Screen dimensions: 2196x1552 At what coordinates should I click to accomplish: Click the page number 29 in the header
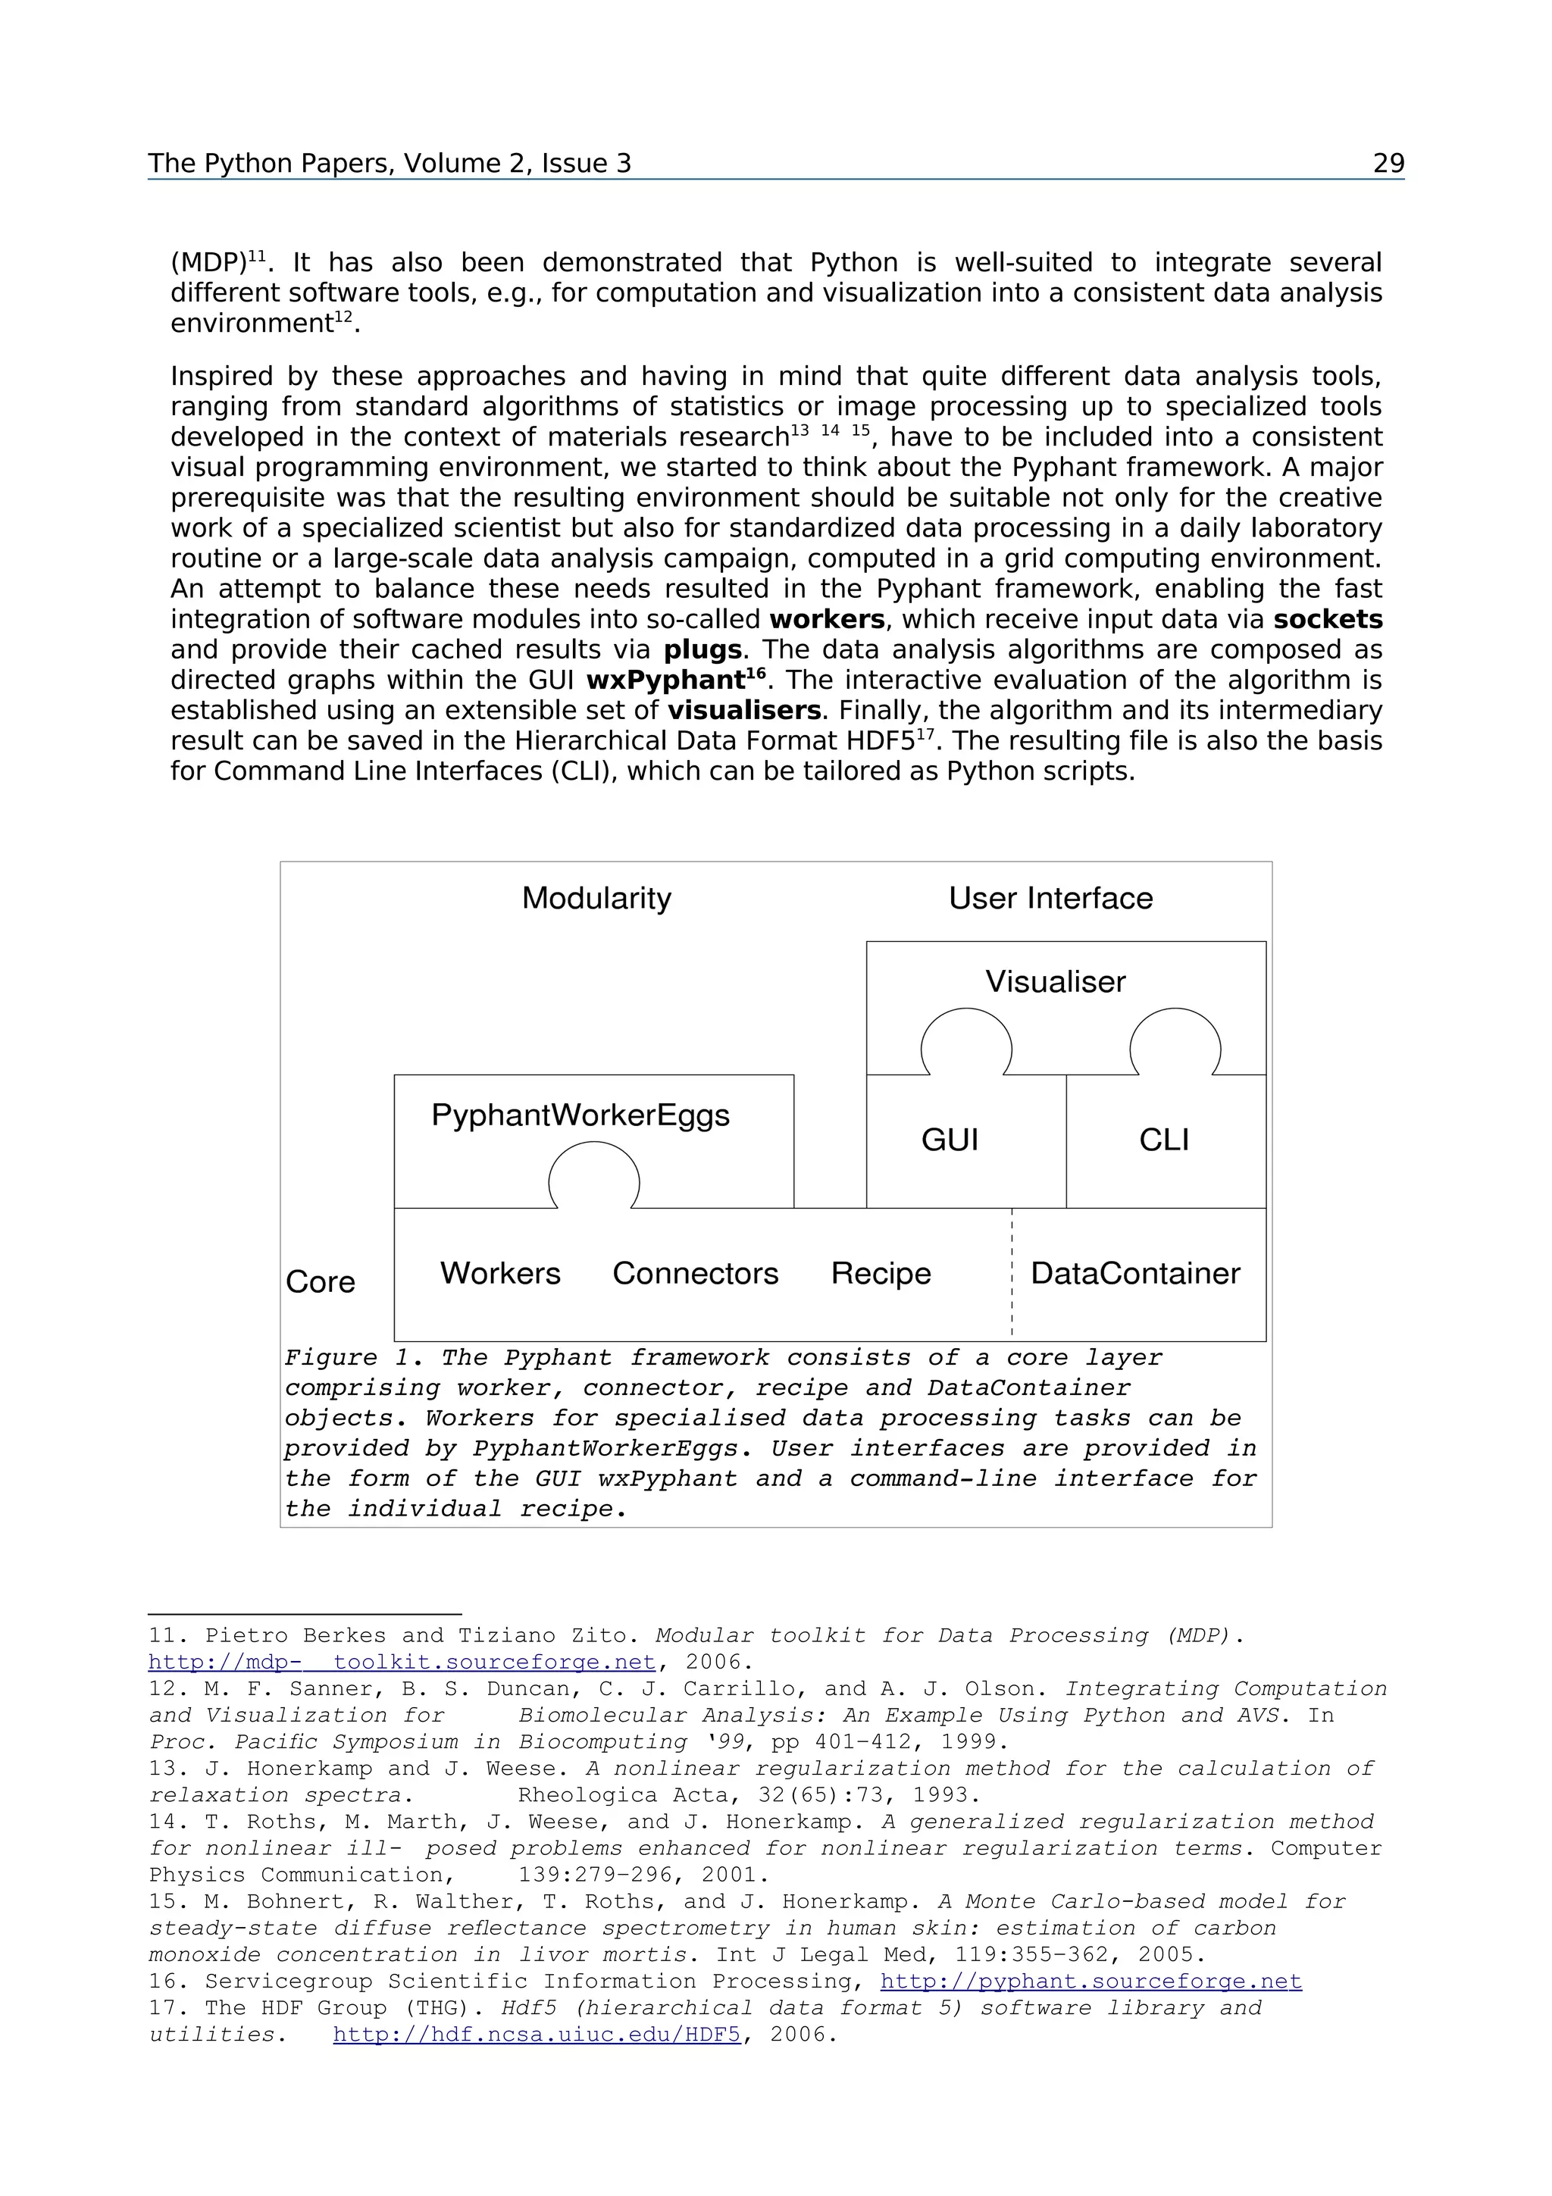[x=1388, y=164]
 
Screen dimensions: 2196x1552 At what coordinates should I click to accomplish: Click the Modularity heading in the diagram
[x=596, y=898]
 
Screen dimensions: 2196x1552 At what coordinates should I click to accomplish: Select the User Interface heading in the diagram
[x=1050, y=898]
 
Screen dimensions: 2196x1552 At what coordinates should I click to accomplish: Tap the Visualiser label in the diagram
[x=1055, y=981]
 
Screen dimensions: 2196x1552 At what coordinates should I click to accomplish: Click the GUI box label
[x=950, y=1139]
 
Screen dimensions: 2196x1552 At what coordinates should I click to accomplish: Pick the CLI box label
[x=1164, y=1139]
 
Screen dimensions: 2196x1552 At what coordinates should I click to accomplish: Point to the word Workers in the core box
[x=500, y=1273]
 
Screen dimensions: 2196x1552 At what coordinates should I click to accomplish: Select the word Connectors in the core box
[x=695, y=1273]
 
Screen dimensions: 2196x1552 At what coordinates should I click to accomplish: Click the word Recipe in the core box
[x=881, y=1273]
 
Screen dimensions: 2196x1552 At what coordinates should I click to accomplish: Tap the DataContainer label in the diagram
[x=1135, y=1273]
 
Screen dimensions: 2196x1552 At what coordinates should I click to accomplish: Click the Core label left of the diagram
[x=321, y=1281]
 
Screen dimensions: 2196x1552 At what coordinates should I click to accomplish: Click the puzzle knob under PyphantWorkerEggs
[x=594, y=1179]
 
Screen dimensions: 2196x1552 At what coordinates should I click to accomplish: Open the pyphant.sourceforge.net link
[x=1090, y=1981]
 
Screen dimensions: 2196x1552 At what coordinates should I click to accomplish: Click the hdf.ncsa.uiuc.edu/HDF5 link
[x=537, y=2035]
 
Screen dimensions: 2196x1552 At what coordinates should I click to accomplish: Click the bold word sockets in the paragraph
[x=1327, y=620]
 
